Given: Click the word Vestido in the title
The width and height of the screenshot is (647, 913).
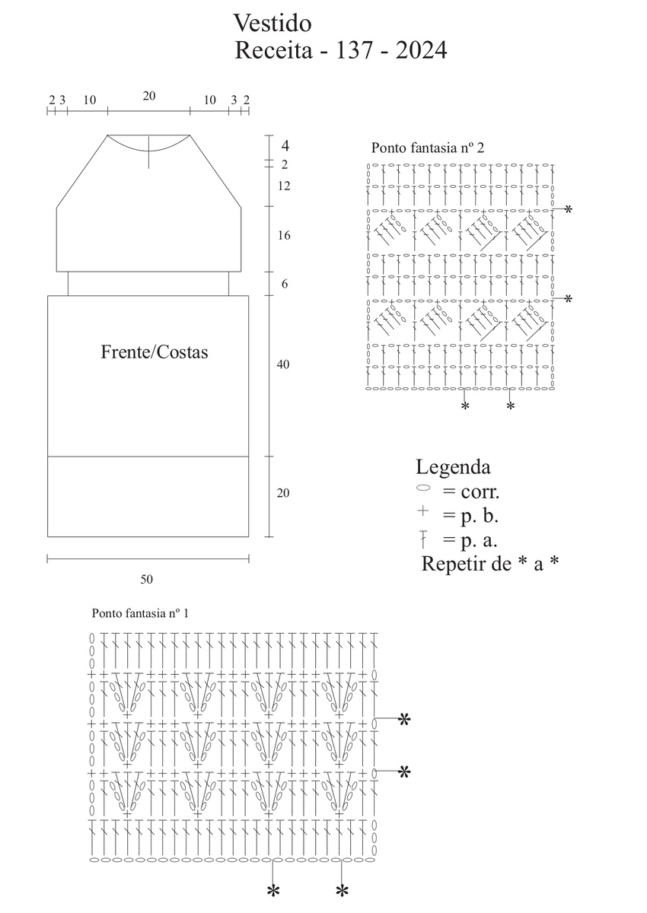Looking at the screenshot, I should tap(272, 22).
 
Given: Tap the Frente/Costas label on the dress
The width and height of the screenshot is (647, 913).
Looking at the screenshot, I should tap(155, 352).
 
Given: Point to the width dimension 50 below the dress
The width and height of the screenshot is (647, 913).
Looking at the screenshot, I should tap(146, 579).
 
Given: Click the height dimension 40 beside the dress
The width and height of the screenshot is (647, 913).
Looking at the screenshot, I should tap(283, 364).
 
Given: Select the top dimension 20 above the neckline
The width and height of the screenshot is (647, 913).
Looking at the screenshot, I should tap(149, 96).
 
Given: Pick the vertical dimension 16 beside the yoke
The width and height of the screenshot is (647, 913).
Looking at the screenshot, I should tap(284, 236).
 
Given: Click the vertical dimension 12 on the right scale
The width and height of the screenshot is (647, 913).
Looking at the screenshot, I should tap(284, 186).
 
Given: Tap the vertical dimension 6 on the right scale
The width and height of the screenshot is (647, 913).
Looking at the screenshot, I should tap(284, 284).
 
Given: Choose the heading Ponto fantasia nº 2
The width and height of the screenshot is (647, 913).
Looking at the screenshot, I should tap(428, 148).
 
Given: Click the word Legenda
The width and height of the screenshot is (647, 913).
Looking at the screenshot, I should tap(453, 466).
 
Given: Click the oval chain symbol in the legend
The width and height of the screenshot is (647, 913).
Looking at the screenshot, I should tap(424, 487).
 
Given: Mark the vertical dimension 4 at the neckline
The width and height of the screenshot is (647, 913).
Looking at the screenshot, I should tap(285, 145).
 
